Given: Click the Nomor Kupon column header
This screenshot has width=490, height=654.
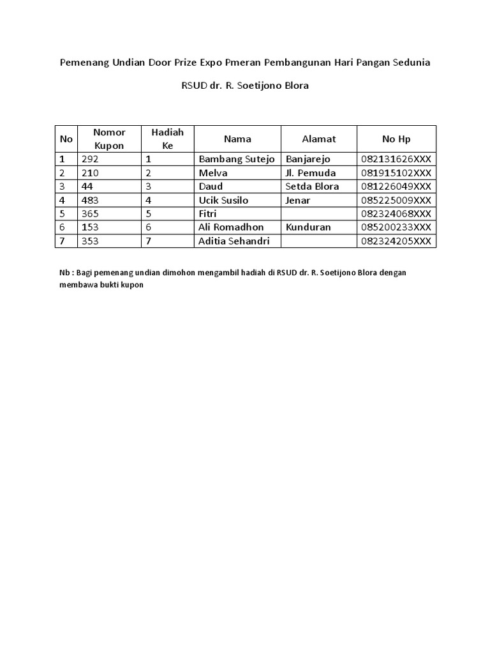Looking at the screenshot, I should [109, 139].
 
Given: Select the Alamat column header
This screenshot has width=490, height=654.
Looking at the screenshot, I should [318, 139].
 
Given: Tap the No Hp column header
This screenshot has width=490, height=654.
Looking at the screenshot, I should [396, 139].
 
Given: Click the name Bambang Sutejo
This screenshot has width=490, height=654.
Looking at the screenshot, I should [237, 159].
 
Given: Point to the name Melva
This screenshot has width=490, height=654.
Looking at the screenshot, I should [213, 173].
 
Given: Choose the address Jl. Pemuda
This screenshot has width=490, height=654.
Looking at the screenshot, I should [311, 173].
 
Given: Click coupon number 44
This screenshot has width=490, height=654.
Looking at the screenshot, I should [87, 186].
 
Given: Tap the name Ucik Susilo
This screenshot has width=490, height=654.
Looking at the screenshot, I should [223, 200].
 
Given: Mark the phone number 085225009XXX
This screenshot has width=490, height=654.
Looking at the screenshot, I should [396, 200].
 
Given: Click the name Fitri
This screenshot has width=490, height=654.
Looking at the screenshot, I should [208, 213].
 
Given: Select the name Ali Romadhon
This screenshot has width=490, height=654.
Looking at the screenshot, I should [231, 227].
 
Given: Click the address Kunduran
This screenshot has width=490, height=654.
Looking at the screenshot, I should [309, 227].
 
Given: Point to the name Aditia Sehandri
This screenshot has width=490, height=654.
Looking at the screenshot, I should [234, 241].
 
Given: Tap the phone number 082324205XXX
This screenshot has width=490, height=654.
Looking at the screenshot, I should [396, 241].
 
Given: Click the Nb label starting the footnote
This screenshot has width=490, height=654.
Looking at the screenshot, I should [64, 272].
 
